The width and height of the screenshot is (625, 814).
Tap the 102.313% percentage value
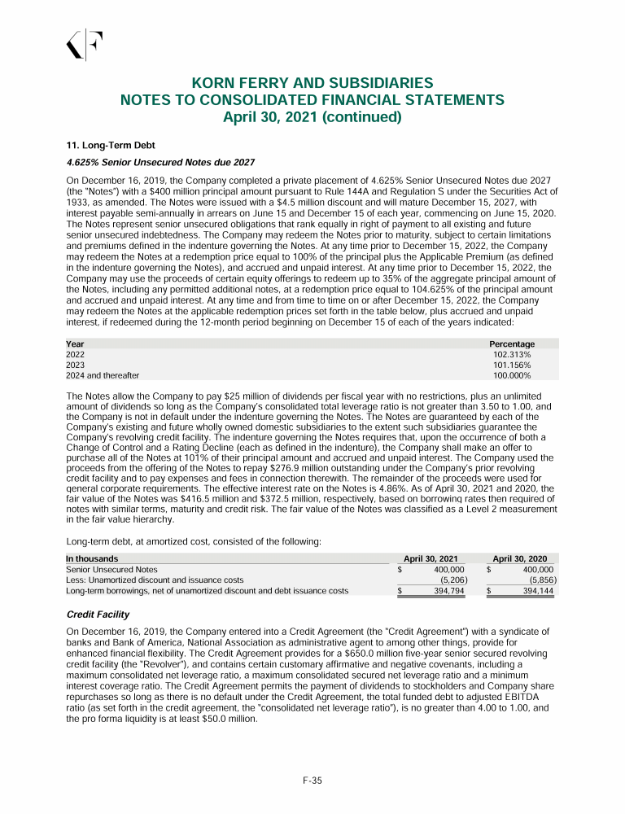click(x=512, y=355)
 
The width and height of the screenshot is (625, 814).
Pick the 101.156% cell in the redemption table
click(x=512, y=365)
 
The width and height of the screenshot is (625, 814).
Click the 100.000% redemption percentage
click(x=512, y=376)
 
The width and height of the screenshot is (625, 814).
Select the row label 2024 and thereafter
click(x=102, y=376)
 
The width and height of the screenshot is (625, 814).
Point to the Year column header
click(x=74, y=344)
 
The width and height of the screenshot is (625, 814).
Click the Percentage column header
click(x=511, y=344)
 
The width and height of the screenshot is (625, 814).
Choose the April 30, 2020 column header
click(x=523, y=559)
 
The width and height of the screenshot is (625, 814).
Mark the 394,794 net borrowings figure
click(x=448, y=591)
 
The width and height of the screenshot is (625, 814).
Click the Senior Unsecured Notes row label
click(x=111, y=570)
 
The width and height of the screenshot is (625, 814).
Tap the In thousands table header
click(x=91, y=559)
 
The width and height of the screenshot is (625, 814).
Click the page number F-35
click(x=312, y=781)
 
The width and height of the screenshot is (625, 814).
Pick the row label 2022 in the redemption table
click(x=75, y=355)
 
